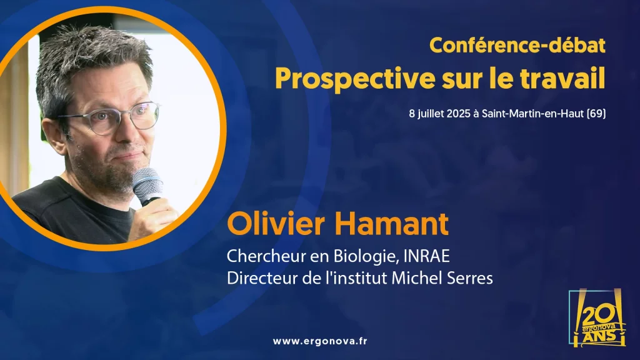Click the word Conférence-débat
517,45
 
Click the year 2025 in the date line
458,114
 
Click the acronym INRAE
426,256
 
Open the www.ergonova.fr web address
320,341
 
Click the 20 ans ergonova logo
597,318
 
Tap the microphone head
146,184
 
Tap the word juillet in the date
430,114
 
